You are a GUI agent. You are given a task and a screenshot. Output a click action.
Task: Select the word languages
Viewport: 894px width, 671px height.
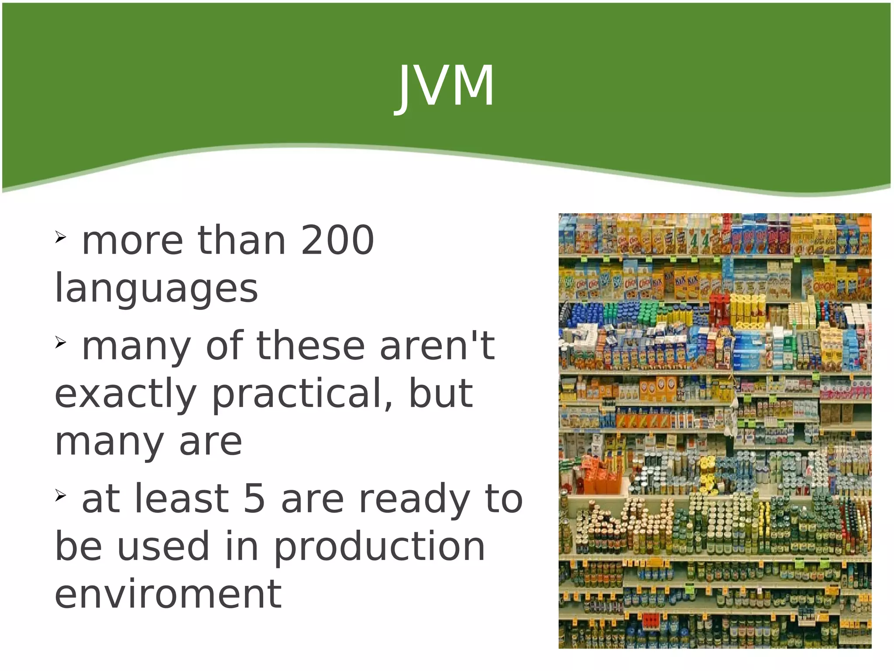point(156,289)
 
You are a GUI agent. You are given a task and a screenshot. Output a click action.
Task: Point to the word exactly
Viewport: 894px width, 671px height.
point(125,394)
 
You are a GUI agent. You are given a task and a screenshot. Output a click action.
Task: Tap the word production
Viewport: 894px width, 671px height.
point(379,548)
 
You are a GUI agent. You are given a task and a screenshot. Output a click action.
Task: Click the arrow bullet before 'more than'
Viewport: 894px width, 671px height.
point(60,237)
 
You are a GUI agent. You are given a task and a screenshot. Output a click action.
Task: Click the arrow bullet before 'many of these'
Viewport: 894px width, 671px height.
point(60,343)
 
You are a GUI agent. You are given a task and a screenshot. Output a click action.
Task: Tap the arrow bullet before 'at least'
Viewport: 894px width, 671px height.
point(60,495)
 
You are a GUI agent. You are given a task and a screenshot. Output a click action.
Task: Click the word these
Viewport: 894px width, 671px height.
point(310,346)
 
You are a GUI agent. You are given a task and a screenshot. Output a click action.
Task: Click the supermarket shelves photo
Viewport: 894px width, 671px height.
point(715,430)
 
